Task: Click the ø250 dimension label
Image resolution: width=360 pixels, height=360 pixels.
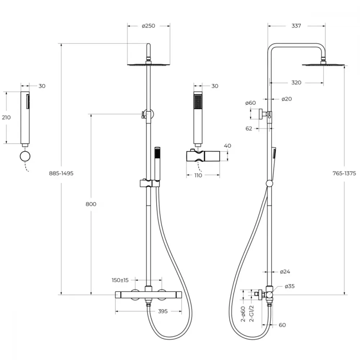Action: coord(149,26)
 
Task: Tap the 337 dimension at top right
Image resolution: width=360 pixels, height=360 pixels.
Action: coord(296,26)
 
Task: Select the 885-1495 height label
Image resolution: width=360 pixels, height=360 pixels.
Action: coord(61,174)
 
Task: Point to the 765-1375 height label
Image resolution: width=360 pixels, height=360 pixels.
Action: coord(344,174)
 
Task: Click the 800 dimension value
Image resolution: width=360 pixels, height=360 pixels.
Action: coord(91,204)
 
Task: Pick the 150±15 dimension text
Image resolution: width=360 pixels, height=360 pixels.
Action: coord(120,280)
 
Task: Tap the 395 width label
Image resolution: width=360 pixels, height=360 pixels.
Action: coord(163,311)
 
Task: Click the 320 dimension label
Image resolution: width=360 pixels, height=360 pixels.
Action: coord(296,83)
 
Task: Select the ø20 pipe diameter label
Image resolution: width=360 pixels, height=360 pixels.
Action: coord(287,99)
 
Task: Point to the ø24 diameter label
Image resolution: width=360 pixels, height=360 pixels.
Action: coord(285,272)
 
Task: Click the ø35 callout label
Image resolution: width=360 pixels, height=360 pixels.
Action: coord(289,286)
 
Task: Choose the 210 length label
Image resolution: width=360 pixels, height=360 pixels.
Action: coord(6,118)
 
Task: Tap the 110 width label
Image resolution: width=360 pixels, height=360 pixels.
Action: coord(198,175)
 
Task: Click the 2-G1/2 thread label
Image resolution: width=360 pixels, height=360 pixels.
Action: coord(252,314)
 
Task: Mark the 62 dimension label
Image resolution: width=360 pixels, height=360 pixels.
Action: coord(249,129)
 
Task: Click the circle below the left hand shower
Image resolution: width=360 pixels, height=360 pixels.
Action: coord(25,157)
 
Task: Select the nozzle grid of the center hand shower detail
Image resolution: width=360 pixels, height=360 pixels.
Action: coord(198,102)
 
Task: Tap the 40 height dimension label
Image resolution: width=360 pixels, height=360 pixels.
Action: coord(227,146)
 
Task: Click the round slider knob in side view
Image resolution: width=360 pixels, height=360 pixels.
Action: coord(270,184)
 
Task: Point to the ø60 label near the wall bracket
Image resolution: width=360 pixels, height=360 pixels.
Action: coord(250,103)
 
